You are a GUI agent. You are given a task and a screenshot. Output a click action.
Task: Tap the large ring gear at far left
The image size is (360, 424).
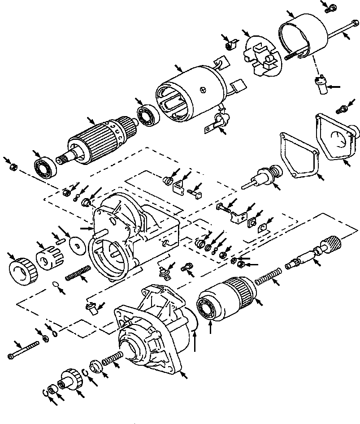tap(22, 272)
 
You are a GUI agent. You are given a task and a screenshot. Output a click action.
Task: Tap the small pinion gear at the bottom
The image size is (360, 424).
tap(69, 381)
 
